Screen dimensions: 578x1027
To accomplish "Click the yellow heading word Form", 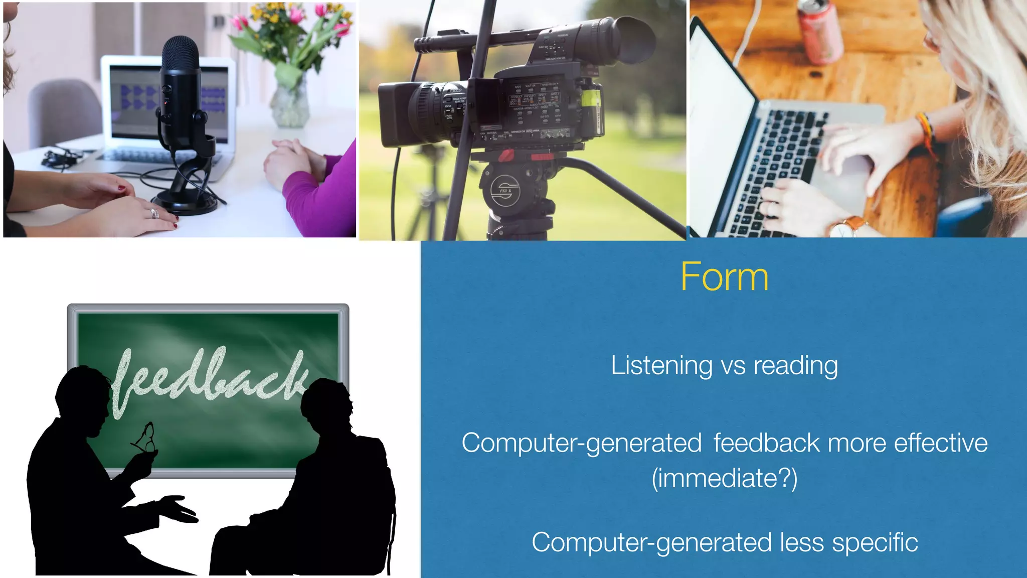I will coord(724,277).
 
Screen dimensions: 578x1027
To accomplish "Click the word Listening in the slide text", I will coord(661,366).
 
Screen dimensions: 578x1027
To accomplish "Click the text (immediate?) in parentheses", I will coord(724,478).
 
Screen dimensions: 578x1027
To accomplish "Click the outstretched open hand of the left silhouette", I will coord(176,508).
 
